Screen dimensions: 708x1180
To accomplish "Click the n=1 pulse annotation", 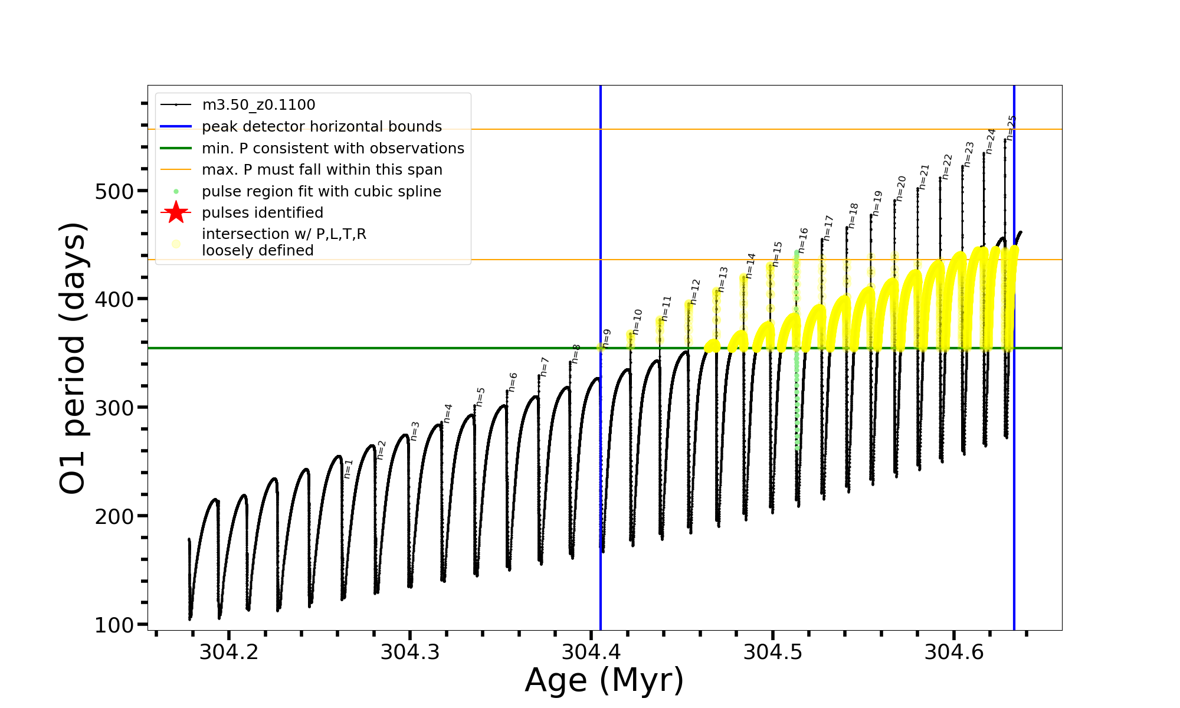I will pyautogui.click(x=348, y=468).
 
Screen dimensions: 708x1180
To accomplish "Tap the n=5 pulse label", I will pyautogui.click(x=480, y=397).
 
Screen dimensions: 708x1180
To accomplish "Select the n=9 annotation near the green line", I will pyautogui.click(x=607, y=339).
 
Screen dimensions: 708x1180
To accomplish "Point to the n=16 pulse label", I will pyautogui.click(x=802, y=240).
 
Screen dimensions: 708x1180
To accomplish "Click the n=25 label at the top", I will pyautogui.click(x=1011, y=128).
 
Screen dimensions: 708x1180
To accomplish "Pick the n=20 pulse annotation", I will pyautogui.click(x=900, y=188).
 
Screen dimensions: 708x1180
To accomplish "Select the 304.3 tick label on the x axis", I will pyautogui.click(x=410, y=653).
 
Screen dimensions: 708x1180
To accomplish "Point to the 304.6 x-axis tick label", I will pyautogui.click(x=954, y=653).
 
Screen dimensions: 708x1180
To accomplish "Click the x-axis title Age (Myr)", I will pyautogui.click(x=604, y=680).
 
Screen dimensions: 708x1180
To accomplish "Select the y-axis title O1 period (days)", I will pyautogui.click(x=73, y=358).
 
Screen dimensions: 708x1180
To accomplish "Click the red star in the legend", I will pyautogui.click(x=176, y=212).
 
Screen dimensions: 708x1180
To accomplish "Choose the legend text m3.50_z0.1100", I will pyautogui.click(x=258, y=105).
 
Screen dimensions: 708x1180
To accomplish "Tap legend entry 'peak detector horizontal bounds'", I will pyautogui.click(x=322, y=127).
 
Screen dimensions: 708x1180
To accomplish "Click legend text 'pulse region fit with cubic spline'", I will pyautogui.click(x=321, y=192).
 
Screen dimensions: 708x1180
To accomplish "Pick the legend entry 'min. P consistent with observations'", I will pyautogui.click(x=333, y=149).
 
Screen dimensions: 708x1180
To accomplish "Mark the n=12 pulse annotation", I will pyautogui.click(x=694, y=291).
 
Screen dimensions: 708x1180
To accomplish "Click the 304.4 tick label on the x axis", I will pyautogui.click(x=591, y=653).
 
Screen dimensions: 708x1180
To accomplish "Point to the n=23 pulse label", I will pyautogui.click(x=969, y=154).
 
